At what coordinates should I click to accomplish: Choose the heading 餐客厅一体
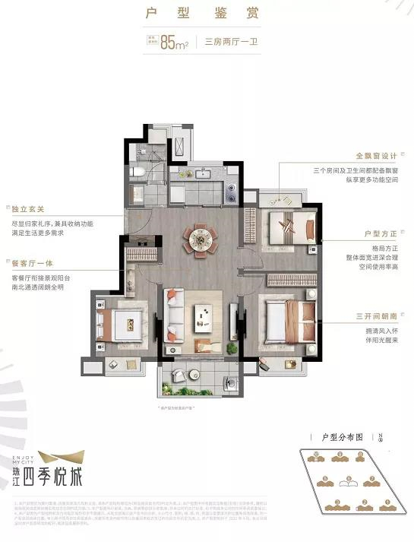[x=30, y=264]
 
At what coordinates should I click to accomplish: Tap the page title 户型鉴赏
[x=207, y=13]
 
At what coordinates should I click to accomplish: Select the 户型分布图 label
[x=343, y=437]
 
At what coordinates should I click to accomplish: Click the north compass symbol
[x=381, y=437]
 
